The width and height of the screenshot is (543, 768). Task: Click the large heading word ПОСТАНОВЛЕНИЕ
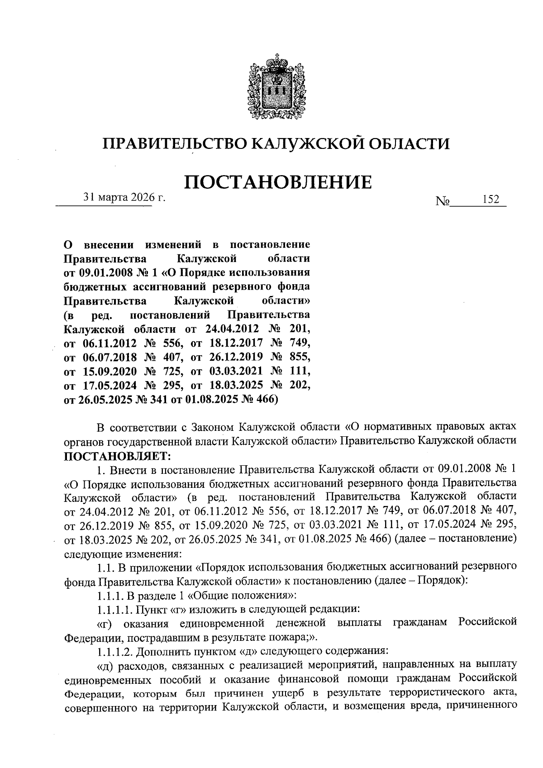coord(278,181)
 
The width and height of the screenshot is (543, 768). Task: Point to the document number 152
coord(491,200)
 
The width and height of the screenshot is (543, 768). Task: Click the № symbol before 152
coord(442,201)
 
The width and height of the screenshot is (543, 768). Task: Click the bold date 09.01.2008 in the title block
coord(104,273)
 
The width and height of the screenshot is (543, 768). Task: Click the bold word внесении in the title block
coord(109,245)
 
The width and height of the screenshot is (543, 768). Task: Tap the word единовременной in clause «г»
coord(222,623)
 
